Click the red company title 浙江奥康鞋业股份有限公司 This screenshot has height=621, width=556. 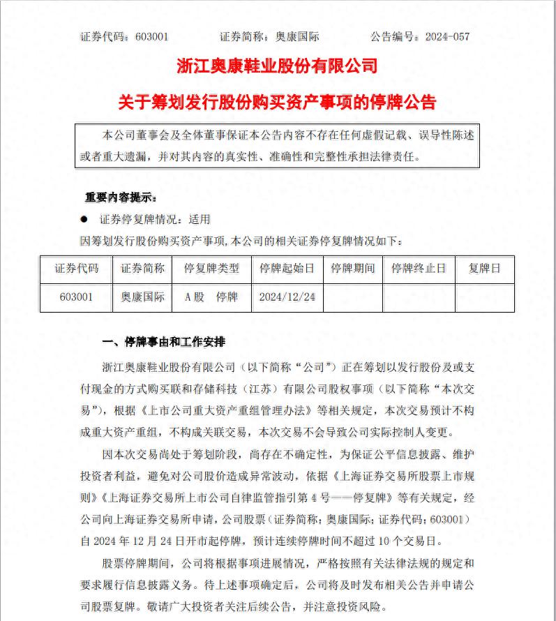(277, 66)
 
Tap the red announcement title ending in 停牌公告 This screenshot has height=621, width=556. (277, 103)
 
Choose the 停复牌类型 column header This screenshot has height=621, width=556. (211, 269)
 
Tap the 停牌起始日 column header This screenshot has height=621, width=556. (287, 269)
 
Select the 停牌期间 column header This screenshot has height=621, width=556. (352, 269)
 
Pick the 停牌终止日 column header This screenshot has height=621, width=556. (419, 269)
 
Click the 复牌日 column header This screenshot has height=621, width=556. (484, 269)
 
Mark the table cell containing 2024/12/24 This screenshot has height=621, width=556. (287, 297)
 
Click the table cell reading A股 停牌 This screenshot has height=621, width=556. (211, 297)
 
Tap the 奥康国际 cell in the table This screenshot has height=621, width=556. (143, 297)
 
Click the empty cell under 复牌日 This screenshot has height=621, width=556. (484, 297)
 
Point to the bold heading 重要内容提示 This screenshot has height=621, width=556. (121, 197)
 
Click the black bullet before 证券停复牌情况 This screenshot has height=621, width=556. (84, 219)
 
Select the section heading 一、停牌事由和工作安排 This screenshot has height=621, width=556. (164, 343)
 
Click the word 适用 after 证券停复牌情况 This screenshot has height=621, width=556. (199, 219)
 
